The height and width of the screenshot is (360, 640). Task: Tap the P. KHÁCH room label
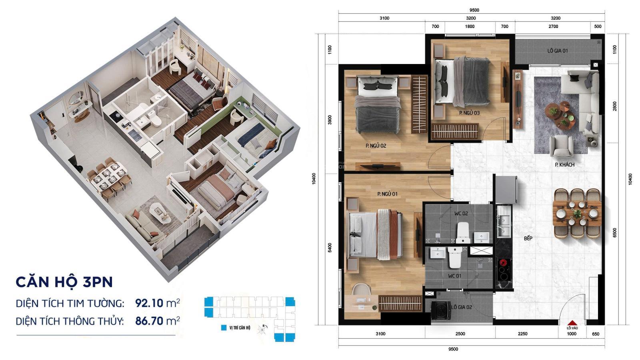pyautogui.click(x=564, y=165)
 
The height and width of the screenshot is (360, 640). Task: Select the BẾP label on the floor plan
pyautogui.click(x=528, y=238)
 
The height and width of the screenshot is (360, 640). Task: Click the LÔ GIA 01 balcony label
pyautogui.click(x=558, y=51)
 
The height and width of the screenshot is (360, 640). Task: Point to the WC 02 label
pyautogui.click(x=461, y=213)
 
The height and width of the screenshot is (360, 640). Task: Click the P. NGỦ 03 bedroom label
pyautogui.click(x=469, y=113)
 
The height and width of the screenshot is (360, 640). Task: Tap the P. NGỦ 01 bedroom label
pyautogui.click(x=387, y=194)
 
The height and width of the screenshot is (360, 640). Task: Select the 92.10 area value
pyautogui.click(x=150, y=303)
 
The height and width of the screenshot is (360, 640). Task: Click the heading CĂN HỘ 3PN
pyautogui.click(x=64, y=282)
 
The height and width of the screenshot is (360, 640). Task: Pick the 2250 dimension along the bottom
pyautogui.click(x=522, y=334)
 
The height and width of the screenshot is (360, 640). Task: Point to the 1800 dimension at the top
pyautogui.click(x=470, y=26)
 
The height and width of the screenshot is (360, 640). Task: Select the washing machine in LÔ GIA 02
pyautogui.click(x=441, y=310)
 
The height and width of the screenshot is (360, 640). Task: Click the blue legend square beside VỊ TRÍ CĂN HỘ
pyautogui.click(x=224, y=328)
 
